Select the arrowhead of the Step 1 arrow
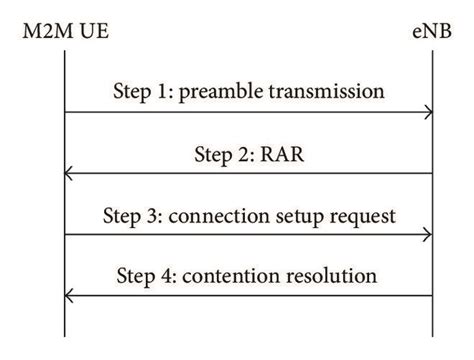pos(429,113)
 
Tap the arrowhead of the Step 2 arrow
pos(68,174)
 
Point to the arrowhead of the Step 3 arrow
pos(429,235)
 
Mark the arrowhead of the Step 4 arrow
pos(68,296)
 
